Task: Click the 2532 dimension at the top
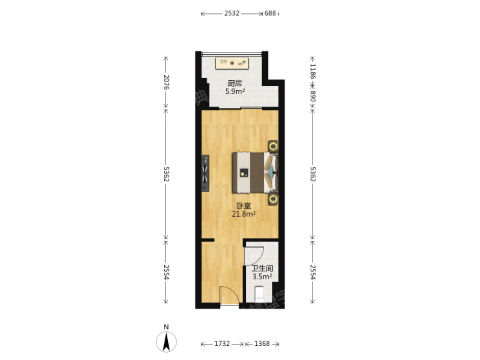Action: click(232, 13)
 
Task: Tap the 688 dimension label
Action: click(270, 13)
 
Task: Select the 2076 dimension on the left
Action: click(166, 82)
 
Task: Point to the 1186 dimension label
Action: click(313, 71)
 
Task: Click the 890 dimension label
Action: click(313, 96)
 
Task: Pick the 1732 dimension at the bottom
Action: click(222, 344)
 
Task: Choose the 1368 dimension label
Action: click(262, 344)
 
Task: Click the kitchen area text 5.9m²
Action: click(235, 91)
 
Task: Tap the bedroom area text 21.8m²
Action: click(244, 214)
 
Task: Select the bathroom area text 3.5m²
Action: click(263, 277)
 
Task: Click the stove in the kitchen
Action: click(232, 63)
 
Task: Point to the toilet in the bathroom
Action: click(259, 294)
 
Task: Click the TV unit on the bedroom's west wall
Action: click(205, 173)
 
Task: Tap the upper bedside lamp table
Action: click(273, 147)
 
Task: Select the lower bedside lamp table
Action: click(273, 199)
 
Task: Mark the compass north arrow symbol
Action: click(166, 341)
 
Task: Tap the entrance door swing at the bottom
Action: click(229, 295)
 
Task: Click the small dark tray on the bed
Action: click(244, 172)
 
